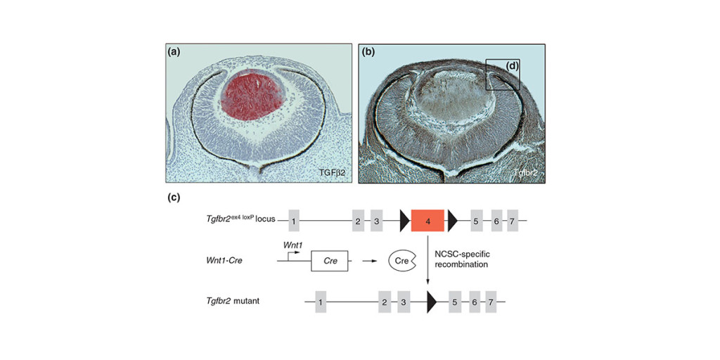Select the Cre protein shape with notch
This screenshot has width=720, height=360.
pyautogui.click(x=401, y=261)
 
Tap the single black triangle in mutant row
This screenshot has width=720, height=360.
pyautogui.click(x=431, y=302)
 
